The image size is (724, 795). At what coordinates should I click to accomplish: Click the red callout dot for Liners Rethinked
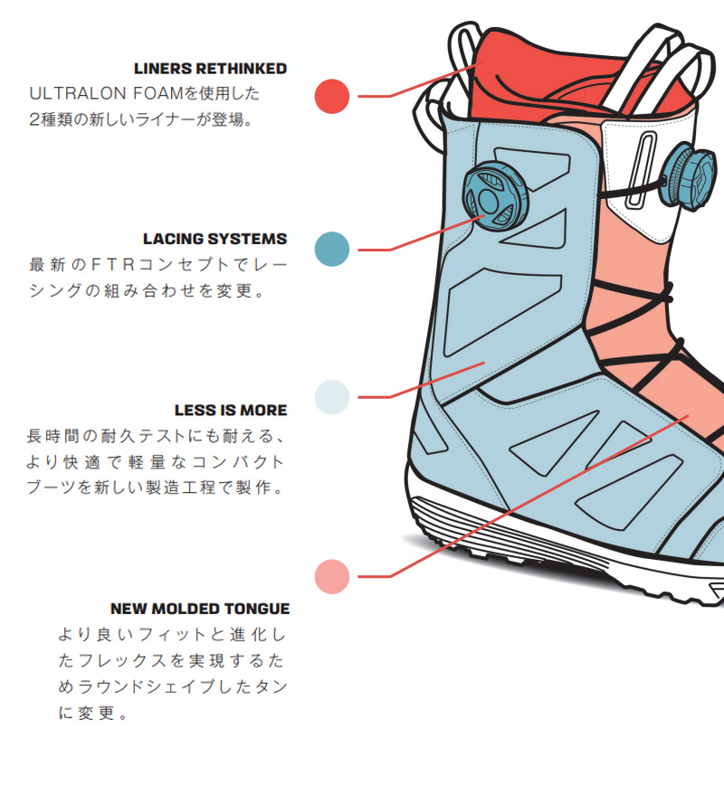coord(332,96)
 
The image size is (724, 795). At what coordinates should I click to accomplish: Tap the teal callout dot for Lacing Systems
coord(332,249)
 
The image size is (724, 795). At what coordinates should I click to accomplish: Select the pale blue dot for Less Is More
coord(332,397)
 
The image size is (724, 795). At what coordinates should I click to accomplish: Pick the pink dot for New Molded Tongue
coord(332,576)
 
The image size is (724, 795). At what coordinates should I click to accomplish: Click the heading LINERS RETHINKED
coord(210,69)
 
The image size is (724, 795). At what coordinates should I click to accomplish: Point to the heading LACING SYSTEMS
coord(214,240)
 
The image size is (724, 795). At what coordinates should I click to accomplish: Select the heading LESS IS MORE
coord(230,411)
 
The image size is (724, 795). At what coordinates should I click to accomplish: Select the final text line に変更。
coord(91,713)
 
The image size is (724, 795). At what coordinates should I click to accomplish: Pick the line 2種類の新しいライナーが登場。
coord(140,119)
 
